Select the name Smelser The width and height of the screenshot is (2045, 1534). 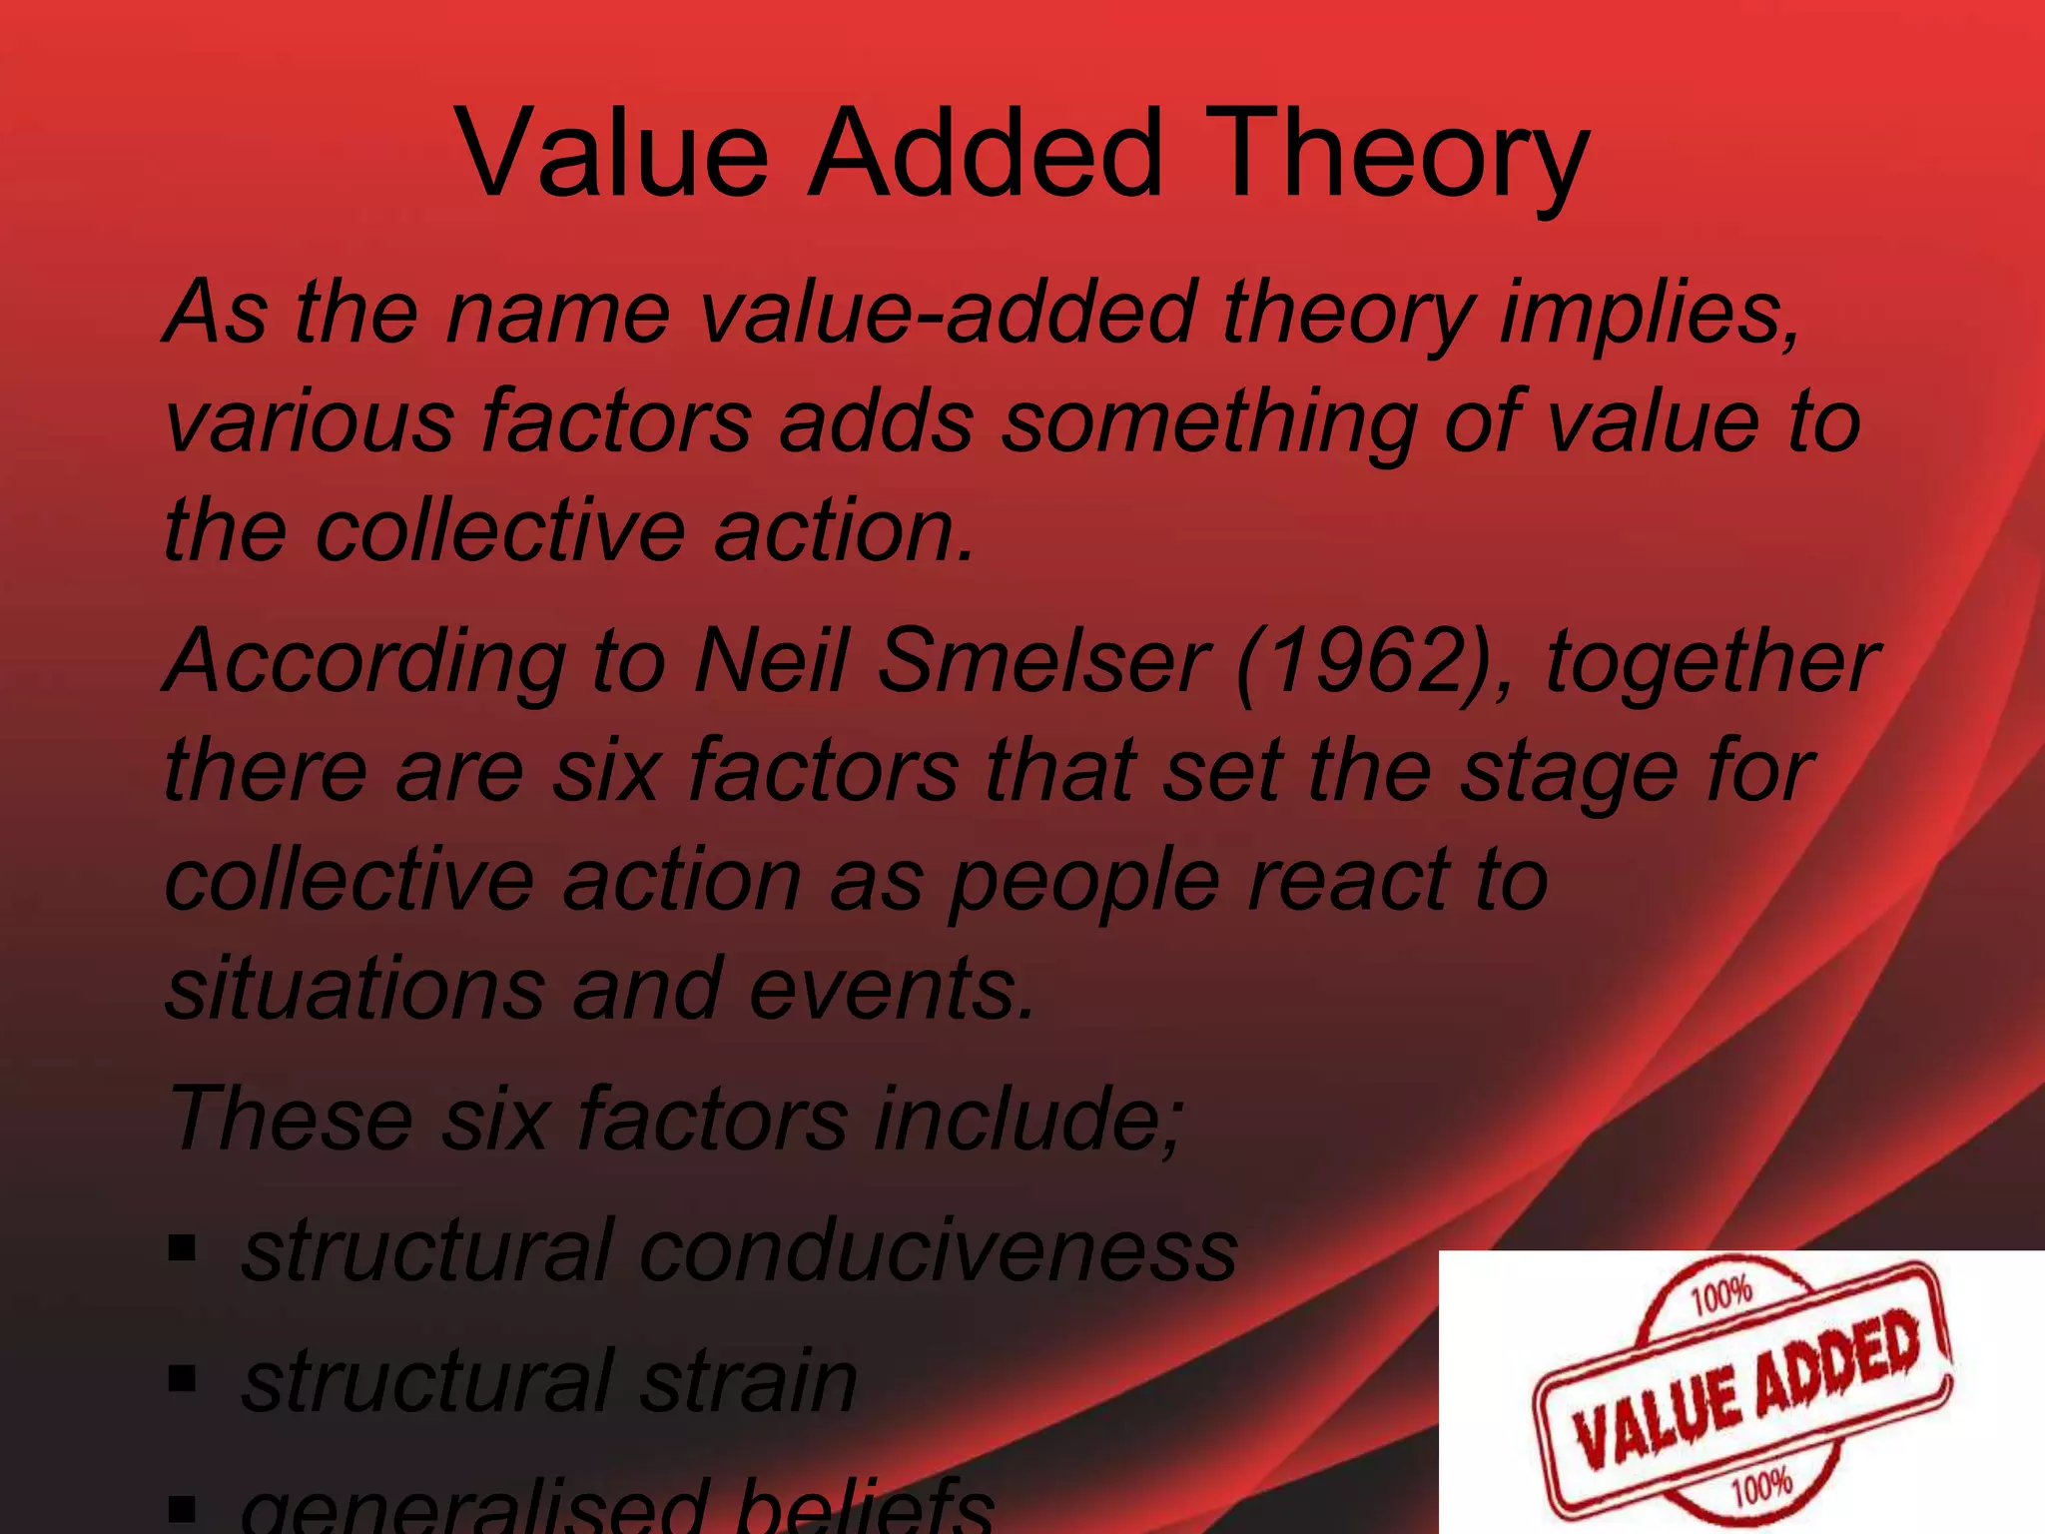pyautogui.click(x=1043, y=661)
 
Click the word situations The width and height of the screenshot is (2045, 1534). pyautogui.click(x=354, y=988)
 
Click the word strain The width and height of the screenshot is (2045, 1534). pyautogui.click(x=749, y=1381)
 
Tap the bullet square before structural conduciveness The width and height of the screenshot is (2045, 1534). pyautogui.click(x=182, y=1248)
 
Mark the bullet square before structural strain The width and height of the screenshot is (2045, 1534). pyautogui.click(x=182, y=1380)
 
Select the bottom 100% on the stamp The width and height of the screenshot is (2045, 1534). pyautogui.click(x=1761, y=1489)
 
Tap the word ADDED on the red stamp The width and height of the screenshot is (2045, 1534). pyautogui.click(x=1837, y=1362)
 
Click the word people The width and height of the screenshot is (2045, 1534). pyautogui.click(x=1083, y=881)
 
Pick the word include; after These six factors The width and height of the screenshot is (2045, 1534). pyautogui.click(x=1028, y=1119)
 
